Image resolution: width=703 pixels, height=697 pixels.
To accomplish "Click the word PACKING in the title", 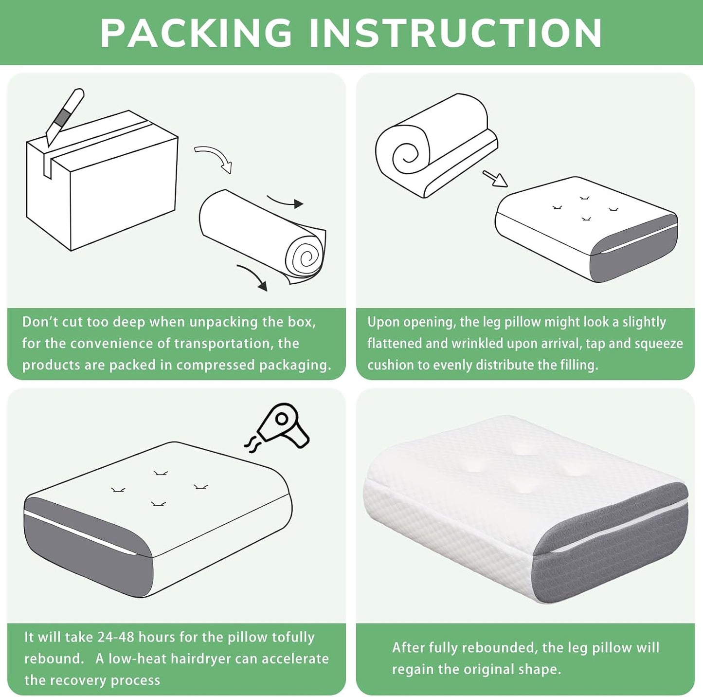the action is pos(196,33).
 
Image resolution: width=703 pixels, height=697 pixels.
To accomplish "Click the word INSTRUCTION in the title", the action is pos(456,33).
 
